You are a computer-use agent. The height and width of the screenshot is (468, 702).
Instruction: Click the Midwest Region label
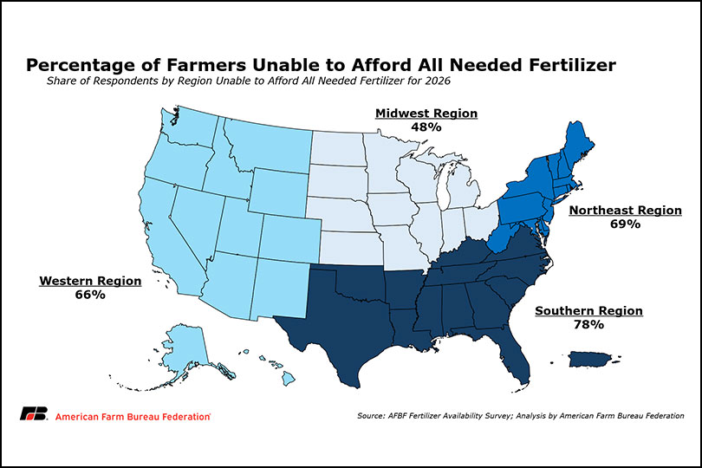[x=426, y=114]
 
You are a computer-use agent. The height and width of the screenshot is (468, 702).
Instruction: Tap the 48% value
[x=426, y=127]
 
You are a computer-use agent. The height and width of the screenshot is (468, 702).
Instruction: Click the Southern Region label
[x=588, y=310]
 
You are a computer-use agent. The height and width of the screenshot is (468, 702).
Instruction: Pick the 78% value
[x=588, y=324]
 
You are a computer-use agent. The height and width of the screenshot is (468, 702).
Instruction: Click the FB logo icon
[x=33, y=414]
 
